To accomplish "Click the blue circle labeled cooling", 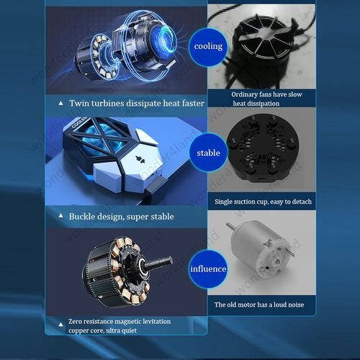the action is pos(208,47).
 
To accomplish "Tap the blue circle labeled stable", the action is pos(208,153).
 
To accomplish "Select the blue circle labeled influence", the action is pos(208,269).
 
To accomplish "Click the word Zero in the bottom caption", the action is pos(75,321).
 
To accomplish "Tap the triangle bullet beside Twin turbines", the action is pos(61,103).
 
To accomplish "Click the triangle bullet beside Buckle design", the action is pos(61,216).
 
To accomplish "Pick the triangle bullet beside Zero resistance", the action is pos(61,325).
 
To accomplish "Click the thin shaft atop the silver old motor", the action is pos(230,225).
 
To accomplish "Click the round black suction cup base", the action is pos(263,147).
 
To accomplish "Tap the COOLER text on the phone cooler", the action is pos(78,122).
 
